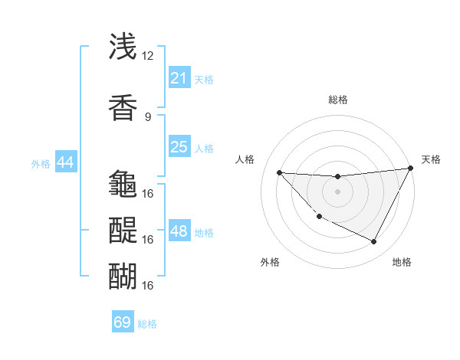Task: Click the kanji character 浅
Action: pyautogui.click(x=123, y=48)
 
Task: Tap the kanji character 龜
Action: pyautogui.click(x=123, y=184)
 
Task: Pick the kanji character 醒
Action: pyautogui.click(x=123, y=230)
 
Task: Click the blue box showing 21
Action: pyautogui.click(x=179, y=78)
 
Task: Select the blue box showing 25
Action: pyautogui.click(x=179, y=147)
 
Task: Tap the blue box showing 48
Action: pyautogui.click(x=179, y=231)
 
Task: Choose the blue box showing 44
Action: pyautogui.click(x=65, y=162)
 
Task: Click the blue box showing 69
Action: pyautogui.click(x=123, y=322)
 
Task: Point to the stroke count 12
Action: pyautogui.click(x=147, y=56)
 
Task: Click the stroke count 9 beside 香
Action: pyautogui.click(x=147, y=116)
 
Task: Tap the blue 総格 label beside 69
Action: pyautogui.click(x=147, y=324)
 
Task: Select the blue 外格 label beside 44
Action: pyautogui.click(x=40, y=163)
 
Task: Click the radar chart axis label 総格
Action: pyautogui.click(x=337, y=100)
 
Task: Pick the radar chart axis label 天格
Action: pyautogui.click(x=431, y=159)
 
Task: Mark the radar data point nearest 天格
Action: pyautogui.click(x=410, y=169)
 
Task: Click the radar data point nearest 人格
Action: pyautogui.click(x=279, y=172)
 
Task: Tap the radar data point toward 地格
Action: pyautogui.click(x=374, y=242)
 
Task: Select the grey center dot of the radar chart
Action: pyautogui.click(x=337, y=191)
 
